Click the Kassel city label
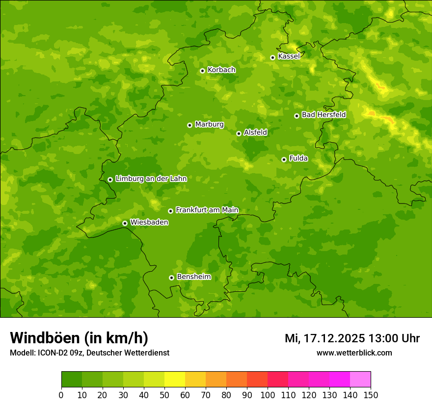[289, 56]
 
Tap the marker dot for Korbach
[202, 71]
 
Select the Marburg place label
[209, 125]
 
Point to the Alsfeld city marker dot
[239, 133]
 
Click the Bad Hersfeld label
[324, 115]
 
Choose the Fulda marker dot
[284, 159]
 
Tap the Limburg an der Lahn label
[151, 179]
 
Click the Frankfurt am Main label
[207, 210]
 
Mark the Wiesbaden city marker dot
[125, 223]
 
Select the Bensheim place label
[193, 277]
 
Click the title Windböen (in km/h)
[79, 338]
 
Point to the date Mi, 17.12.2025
[324, 338]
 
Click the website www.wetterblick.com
[354, 353]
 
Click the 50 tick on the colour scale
[164, 395]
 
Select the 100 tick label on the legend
[268, 395]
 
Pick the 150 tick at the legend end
[371, 395]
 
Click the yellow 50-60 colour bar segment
[175, 380]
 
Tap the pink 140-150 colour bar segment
[360, 380]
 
